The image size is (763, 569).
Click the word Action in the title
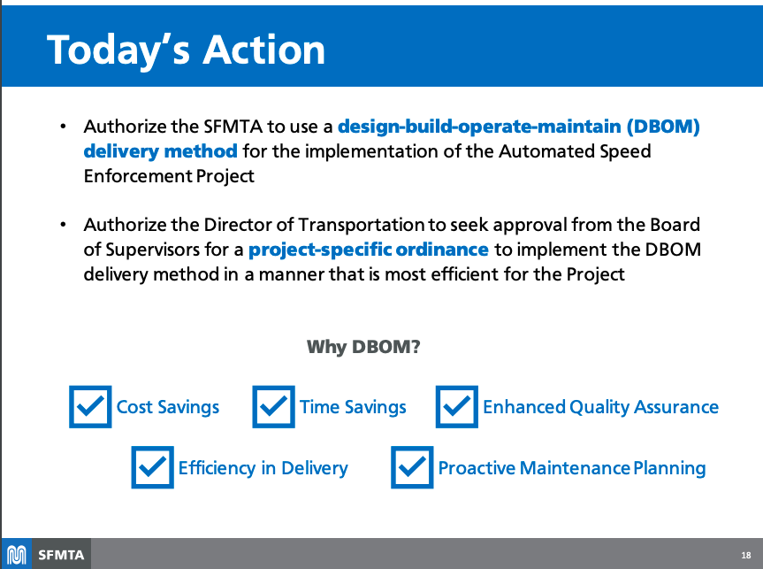coord(263,50)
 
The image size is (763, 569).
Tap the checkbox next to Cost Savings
coord(90,406)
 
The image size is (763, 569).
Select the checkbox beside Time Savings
coord(273,406)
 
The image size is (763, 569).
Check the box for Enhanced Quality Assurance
coord(456,406)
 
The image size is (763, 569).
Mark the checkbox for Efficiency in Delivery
coord(152,467)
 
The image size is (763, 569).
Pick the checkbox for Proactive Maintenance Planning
coord(412,467)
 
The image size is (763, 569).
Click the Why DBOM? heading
coord(362,346)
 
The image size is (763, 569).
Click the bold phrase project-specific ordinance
coord(369,250)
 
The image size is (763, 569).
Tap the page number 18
coord(745,556)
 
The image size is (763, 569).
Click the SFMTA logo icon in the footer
coord(17,555)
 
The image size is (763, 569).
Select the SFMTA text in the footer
coord(61,555)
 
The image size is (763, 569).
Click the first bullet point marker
coord(64,127)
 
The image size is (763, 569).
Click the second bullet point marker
coord(64,225)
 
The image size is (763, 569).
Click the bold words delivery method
coord(160,151)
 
